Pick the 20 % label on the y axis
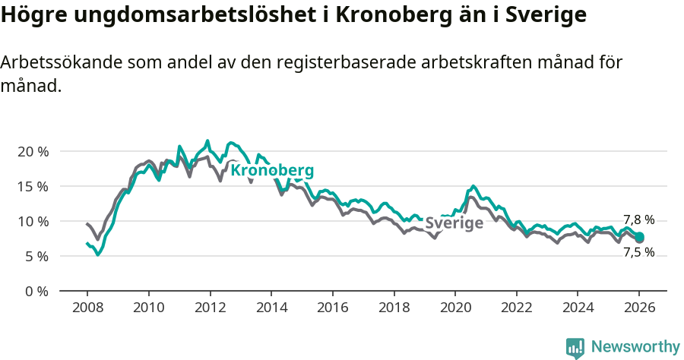click(x=33, y=151)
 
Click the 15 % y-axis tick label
click(x=33, y=186)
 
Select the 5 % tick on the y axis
click(x=36, y=256)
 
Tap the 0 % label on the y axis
click(x=36, y=291)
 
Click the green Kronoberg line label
click(x=271, y=171)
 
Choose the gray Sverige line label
click(x=454, y=223)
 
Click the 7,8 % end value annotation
click(x=638, y=220)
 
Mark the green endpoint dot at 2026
click(x=640, y=237)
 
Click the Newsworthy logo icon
click(x=575, y=347)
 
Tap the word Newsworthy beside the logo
click(x=635, y=347)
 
